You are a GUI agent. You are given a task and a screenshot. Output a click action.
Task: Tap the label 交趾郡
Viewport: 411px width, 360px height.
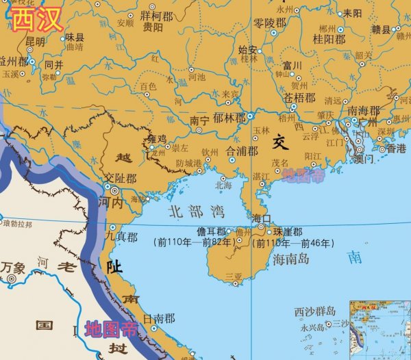[x=121, y=178]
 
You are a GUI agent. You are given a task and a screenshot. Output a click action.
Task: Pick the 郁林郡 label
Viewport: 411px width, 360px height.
[x=229, y=118]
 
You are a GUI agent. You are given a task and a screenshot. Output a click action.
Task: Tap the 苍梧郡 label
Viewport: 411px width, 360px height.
[x=299, y=98]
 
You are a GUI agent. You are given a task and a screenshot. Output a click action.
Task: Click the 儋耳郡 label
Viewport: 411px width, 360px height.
[x=212, y=231]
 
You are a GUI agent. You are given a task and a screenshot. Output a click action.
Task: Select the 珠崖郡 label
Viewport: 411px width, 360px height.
[x=288, y=231]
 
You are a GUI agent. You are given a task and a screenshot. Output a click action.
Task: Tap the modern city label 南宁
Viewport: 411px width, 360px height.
[x=199, y=120]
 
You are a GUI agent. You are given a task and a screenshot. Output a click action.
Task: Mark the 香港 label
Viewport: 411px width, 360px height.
[x=396, y=148]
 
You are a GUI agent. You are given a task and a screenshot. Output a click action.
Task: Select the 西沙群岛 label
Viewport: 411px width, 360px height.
[x=315, y=311]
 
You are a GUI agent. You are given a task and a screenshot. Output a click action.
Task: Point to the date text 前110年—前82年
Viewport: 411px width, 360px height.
[x=195, y=242]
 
